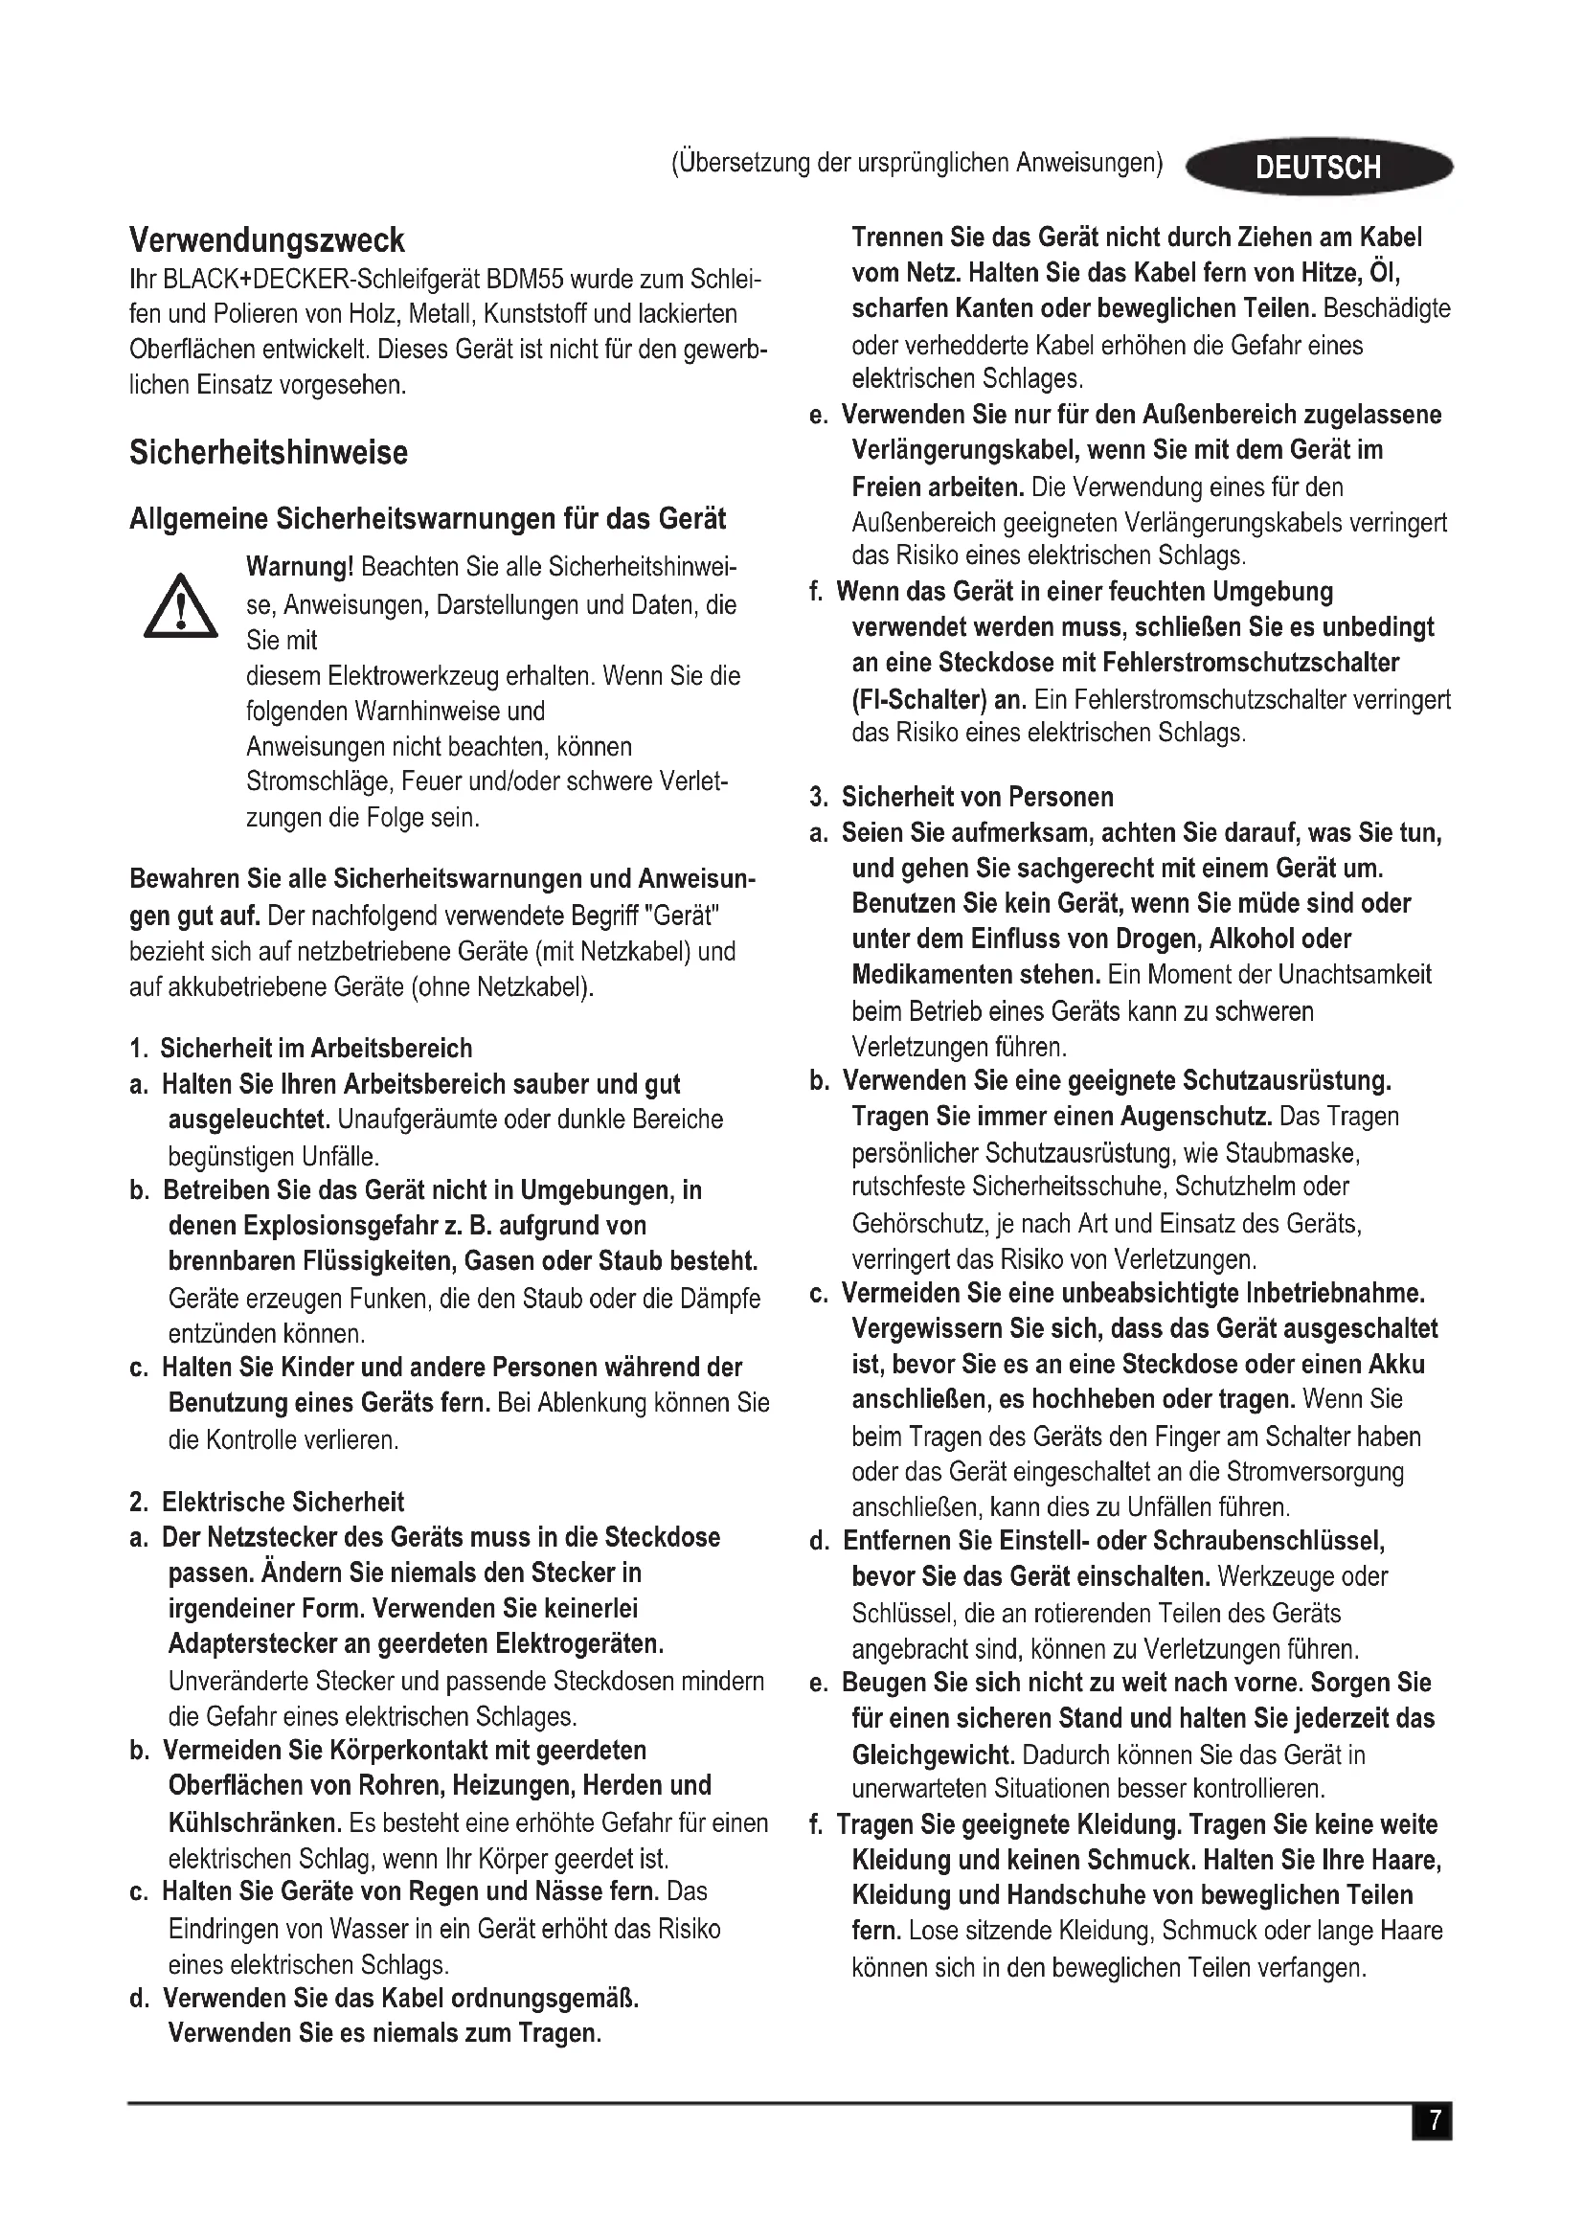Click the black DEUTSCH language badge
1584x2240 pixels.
[1318, 167]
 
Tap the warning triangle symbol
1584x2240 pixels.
[180, 607]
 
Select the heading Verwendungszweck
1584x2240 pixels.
[266, 240]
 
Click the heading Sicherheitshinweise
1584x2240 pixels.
[268, 453]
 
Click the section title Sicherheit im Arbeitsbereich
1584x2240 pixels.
[315, 1049]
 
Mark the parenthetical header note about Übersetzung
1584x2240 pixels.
[916, 162]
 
